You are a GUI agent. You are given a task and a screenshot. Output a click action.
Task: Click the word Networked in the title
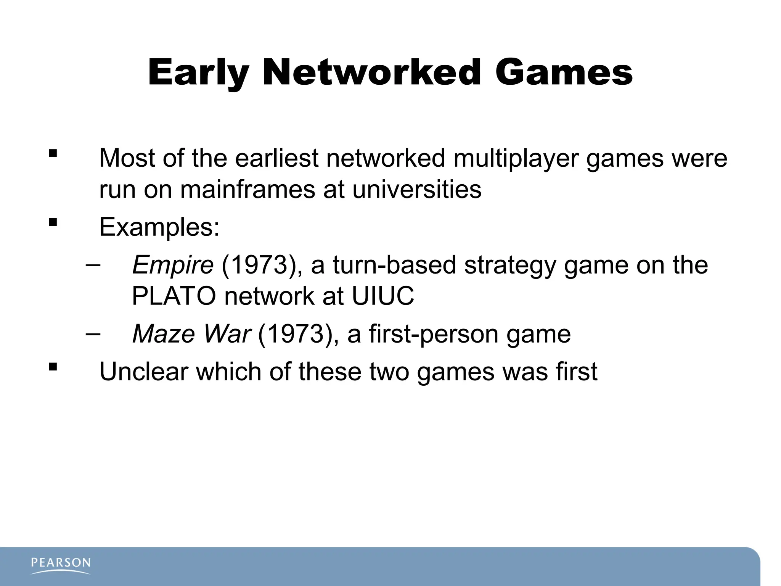coord(372,72)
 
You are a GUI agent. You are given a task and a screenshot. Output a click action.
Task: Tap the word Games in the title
coord(564,72)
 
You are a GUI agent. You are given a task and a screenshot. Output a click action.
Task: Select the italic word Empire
coord(172,265)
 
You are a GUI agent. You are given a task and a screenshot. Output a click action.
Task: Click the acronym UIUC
coord(382,296)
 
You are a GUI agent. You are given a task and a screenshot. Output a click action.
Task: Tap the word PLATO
coord(174,296)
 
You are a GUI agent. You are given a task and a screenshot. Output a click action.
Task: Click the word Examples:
coord(159,227)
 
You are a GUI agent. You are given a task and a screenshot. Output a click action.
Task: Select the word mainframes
coord(247,189)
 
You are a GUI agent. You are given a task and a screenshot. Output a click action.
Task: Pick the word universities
coord(417,189)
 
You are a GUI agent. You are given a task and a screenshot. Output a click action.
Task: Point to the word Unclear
coord(144,372)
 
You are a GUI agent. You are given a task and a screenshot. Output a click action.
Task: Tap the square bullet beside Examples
coord(53,222)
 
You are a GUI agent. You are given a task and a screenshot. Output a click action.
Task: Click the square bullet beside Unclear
coord(53,367)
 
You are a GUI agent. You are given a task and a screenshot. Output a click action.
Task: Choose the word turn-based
coord(394,265)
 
